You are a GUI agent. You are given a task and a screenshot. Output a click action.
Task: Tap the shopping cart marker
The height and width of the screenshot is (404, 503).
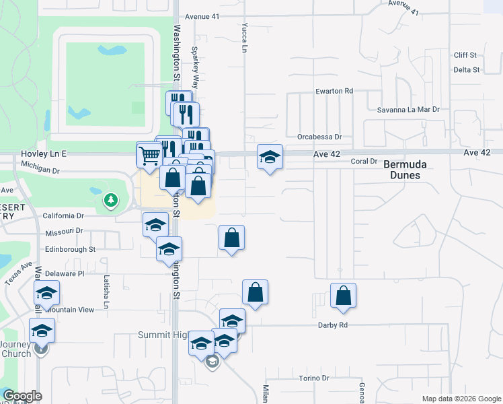click(x=149, y=156)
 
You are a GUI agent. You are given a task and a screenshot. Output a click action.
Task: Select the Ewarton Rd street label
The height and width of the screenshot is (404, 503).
click(x=334, y=91)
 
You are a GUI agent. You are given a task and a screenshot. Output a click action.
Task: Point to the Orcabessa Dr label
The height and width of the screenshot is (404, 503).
click(x=320, y=136)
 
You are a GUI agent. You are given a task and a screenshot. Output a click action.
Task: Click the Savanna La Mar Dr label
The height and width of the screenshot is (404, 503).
click(x=408, y=109)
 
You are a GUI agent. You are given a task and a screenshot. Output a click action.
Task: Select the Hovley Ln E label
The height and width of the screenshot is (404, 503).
click(x=44, y=154)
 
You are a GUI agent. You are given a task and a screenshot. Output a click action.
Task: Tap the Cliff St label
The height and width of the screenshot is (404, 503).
click(x=465, y=55)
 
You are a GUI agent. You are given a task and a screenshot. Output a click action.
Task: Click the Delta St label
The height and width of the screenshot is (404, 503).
click(x=466, y=69)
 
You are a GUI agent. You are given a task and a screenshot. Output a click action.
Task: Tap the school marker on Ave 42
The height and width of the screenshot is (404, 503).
click(x=270, y=158)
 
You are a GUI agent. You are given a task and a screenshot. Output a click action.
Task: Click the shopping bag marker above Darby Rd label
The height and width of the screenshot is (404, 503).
click(x=343, y=296)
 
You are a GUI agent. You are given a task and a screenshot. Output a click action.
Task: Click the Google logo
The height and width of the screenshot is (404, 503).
click(x=22, y=396)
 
